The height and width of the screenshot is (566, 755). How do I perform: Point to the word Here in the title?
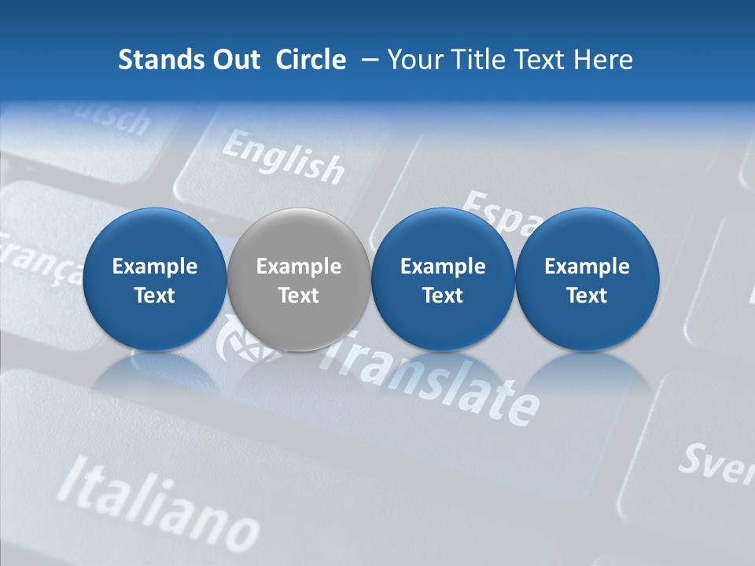[x=604, y=60]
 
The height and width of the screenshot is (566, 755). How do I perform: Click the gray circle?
[x=299, y=280]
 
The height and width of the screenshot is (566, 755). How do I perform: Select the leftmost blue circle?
[x=154, y=280]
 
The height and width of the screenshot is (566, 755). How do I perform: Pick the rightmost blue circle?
[x=587, y=280]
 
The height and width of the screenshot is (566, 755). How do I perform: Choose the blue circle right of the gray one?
[x=443, y=280]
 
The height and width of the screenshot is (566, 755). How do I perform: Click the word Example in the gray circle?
[x=299, y=266]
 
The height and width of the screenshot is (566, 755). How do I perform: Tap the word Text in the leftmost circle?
[x=154, y=296]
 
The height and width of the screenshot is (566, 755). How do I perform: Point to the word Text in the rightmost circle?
[x=587, y=296]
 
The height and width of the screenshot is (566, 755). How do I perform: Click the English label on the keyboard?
[x=283, y=156]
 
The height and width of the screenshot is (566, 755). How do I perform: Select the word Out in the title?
[x=234, y=60]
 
